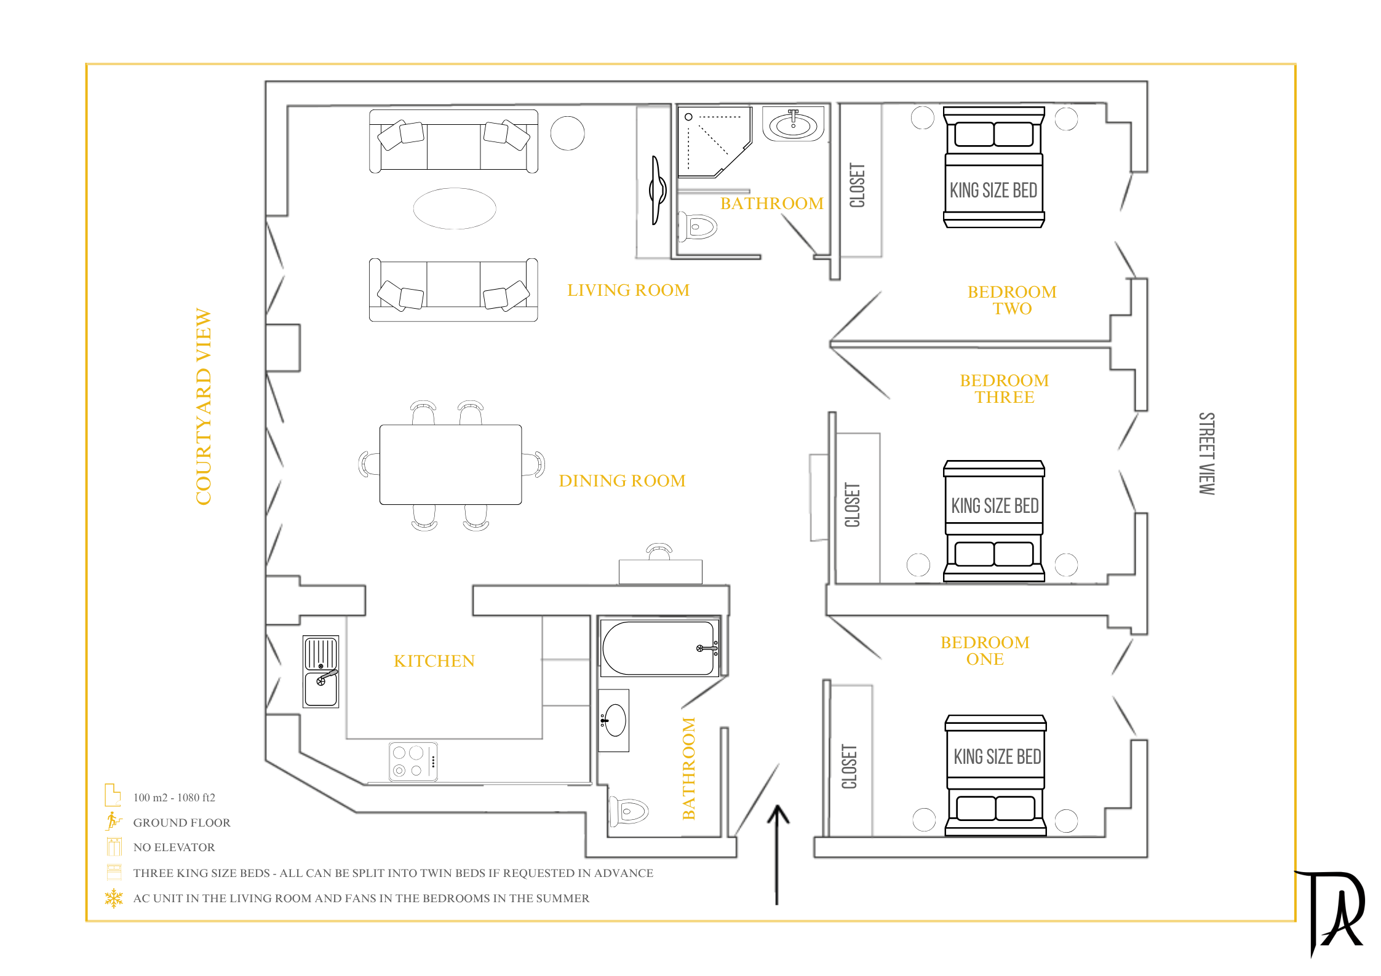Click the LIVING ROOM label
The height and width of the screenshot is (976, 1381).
628,290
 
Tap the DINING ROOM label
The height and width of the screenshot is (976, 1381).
622,481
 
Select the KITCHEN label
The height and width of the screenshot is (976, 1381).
434,661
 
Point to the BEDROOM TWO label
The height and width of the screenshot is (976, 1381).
1012,300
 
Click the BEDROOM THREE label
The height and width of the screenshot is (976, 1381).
1005,389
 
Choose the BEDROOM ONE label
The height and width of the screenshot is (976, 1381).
985,651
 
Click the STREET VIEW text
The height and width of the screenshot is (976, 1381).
1206,453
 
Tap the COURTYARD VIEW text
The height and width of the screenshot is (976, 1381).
203,407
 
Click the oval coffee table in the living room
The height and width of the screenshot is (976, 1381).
455,208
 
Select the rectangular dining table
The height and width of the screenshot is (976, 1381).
450,464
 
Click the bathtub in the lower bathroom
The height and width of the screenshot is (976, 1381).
659,648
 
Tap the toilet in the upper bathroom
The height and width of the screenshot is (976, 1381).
698,227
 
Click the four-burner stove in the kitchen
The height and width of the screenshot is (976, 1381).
413,761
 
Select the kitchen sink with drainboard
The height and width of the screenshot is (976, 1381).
321,672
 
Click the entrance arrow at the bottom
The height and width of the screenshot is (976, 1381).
778,855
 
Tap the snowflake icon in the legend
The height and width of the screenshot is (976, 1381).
114,899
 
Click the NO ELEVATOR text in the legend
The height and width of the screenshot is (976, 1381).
174,847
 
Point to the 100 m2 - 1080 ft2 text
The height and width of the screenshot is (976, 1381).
174,798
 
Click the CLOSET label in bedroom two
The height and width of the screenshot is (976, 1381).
858,185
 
